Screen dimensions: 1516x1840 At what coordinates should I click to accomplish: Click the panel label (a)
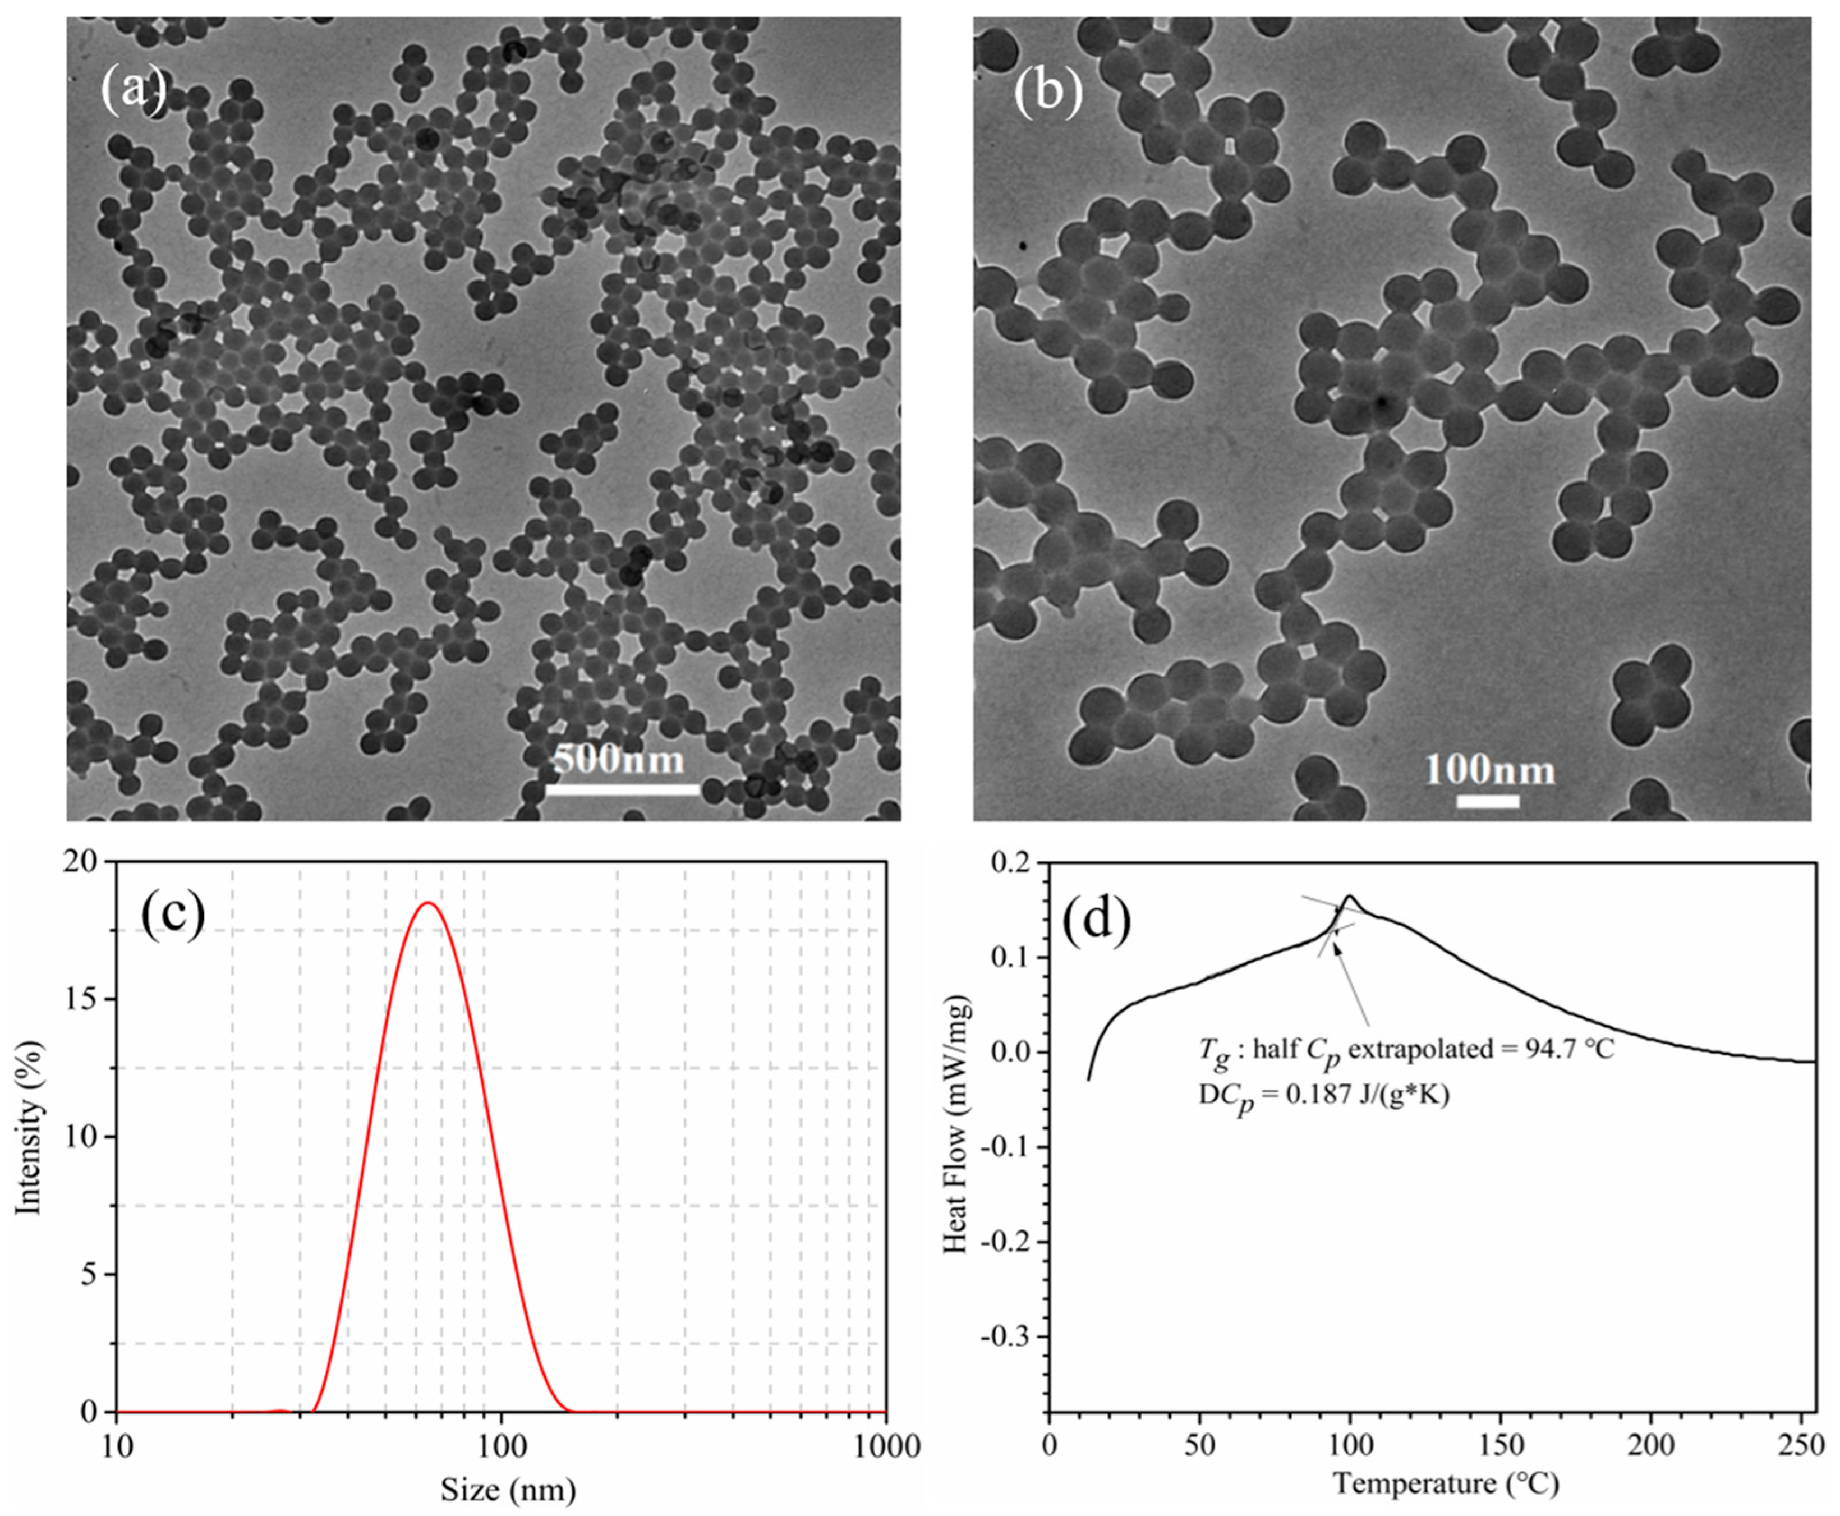[x=134, y=88]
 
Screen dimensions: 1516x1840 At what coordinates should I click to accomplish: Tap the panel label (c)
[x=172, y=918]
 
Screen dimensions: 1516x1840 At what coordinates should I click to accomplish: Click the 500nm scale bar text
[x=619, y=759]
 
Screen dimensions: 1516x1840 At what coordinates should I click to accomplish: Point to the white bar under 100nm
[x=1488, y=801]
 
